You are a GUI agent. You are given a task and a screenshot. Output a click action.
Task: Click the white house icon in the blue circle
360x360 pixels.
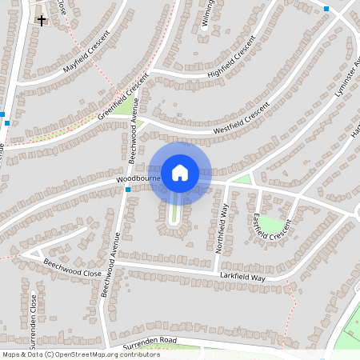[180, 172]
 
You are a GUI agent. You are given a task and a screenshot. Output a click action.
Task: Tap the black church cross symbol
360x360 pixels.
[41, 18]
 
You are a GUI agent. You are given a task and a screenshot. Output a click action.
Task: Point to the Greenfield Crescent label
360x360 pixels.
[124, 97]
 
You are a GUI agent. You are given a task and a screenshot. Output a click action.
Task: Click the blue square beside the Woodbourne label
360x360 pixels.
[128, 190]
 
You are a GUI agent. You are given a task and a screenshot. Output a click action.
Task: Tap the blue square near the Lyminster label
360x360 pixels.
[326, 9]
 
